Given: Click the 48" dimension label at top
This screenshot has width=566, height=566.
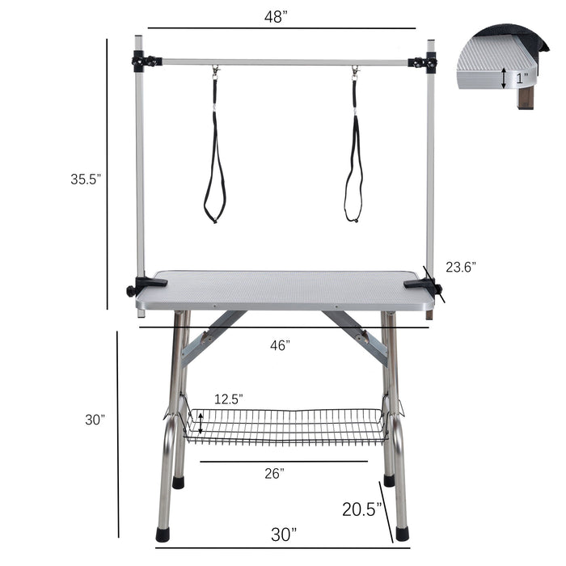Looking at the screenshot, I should tap(277, 17).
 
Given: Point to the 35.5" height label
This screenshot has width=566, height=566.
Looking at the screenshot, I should tap(86, 180).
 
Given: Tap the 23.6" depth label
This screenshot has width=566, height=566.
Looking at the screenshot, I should tap(460, 266).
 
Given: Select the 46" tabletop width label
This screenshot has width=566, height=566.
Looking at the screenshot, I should tap(280, 345).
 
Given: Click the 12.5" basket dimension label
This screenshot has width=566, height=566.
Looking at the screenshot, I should tap(229, 399).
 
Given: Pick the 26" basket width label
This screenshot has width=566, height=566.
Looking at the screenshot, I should tap(274, 474).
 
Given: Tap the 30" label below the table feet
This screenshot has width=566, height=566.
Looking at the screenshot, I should tap(283, 534).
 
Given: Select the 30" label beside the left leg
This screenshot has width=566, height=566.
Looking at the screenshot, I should tap(95, 420).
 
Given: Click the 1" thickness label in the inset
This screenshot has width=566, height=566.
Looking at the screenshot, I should tap(522, 78).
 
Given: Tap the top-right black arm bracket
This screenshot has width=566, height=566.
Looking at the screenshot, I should tap(424, 62).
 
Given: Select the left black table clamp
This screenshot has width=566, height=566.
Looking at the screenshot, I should tap(144, 285).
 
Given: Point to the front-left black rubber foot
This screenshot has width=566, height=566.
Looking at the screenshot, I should tap(163, 534).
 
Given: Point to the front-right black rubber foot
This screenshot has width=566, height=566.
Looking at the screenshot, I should tap(402, 534).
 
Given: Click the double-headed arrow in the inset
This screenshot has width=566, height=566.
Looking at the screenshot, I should tap(504, 78).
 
